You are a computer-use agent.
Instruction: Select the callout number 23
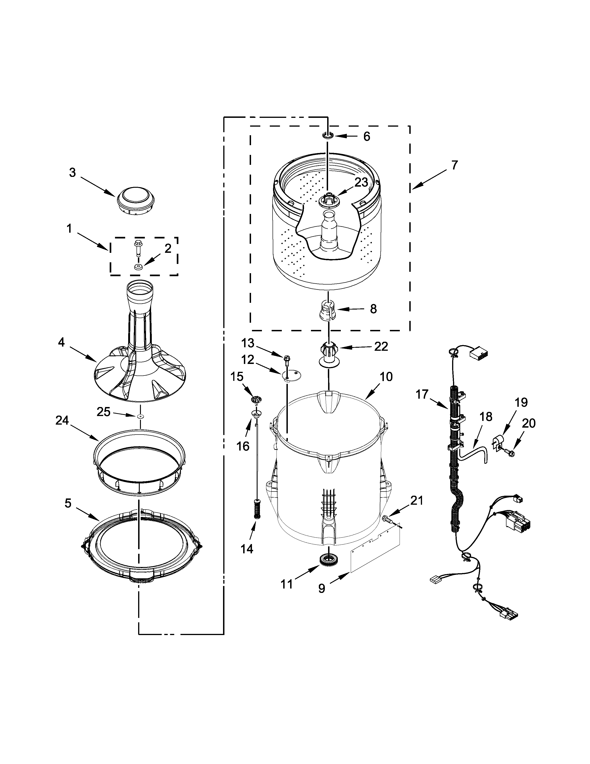361,182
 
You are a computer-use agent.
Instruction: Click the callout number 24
62,420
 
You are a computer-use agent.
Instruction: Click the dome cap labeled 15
257,400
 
